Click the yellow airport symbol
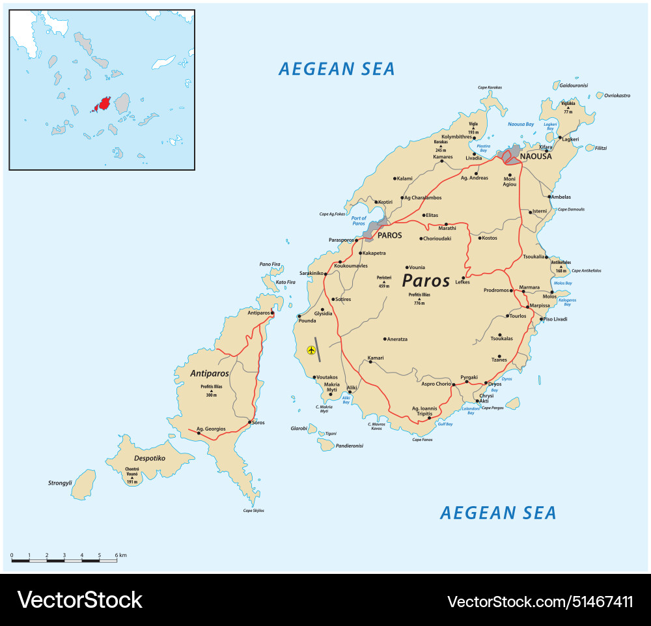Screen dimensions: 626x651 pos(311,350)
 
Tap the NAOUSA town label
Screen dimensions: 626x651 pos(536,156)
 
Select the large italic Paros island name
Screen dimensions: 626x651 pos(426,281)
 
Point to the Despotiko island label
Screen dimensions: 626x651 pos(149,458)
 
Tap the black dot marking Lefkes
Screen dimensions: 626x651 pos(464,277)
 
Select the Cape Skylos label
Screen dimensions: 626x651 pos(254,511)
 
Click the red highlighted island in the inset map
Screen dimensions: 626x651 pos(103,105)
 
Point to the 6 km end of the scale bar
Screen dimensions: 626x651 pos(117,560)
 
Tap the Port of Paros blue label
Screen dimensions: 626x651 pos(359,221)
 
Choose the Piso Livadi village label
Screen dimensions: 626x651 pos(555,319)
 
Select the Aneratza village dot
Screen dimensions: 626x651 pos(385,339)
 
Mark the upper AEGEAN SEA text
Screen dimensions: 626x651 pos(337,69)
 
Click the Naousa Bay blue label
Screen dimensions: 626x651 pos(520,123)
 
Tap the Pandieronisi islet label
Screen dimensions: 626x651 pos(350,446)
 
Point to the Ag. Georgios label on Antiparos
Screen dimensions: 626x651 pos(211,429)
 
